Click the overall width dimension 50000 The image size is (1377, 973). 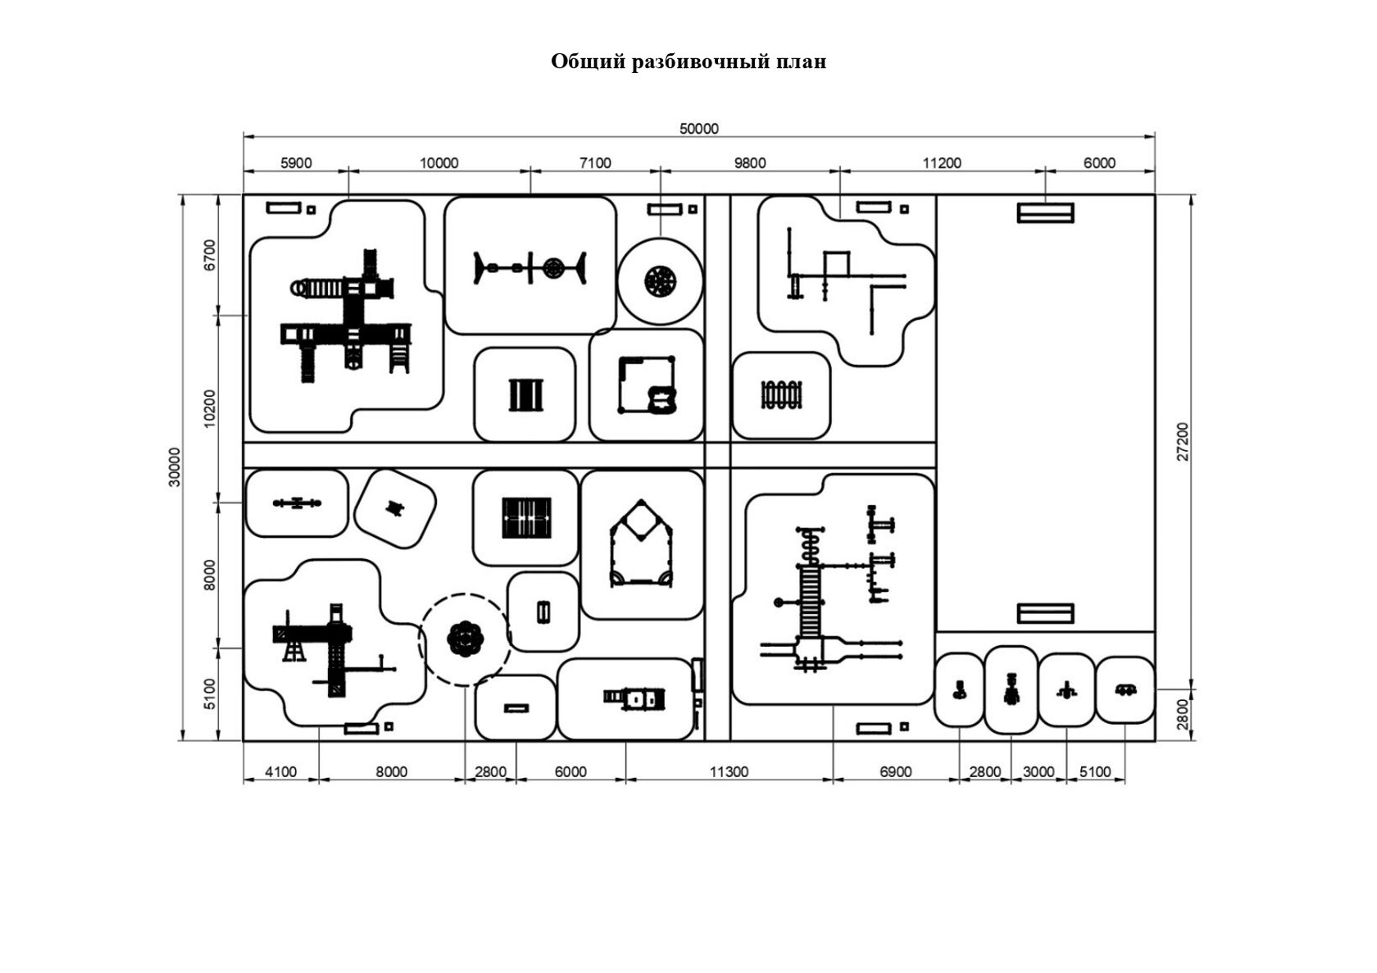pos(698,128)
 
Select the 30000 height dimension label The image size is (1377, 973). pos(175,467)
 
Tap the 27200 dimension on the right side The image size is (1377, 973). pos(1183,441)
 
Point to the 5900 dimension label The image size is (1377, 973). pos(296,162)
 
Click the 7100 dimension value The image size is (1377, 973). pos(595,162)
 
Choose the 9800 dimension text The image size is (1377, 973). pos(749,162)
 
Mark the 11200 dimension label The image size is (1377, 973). pos(942,162)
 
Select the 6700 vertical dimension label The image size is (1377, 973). pos(209,256)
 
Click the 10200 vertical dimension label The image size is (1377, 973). pos(209,408)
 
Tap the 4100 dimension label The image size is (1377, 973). pos(280,772)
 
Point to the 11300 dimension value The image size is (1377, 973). pos(729,772)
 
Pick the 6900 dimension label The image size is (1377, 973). pos(895,772)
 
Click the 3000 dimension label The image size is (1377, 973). pos(1038,772)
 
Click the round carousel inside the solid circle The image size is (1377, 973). pos(660,280)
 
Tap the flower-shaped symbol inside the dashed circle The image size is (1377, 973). pos(465,639)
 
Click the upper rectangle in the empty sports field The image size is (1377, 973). pos(1045,212)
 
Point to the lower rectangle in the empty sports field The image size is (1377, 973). pos(1045,613)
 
